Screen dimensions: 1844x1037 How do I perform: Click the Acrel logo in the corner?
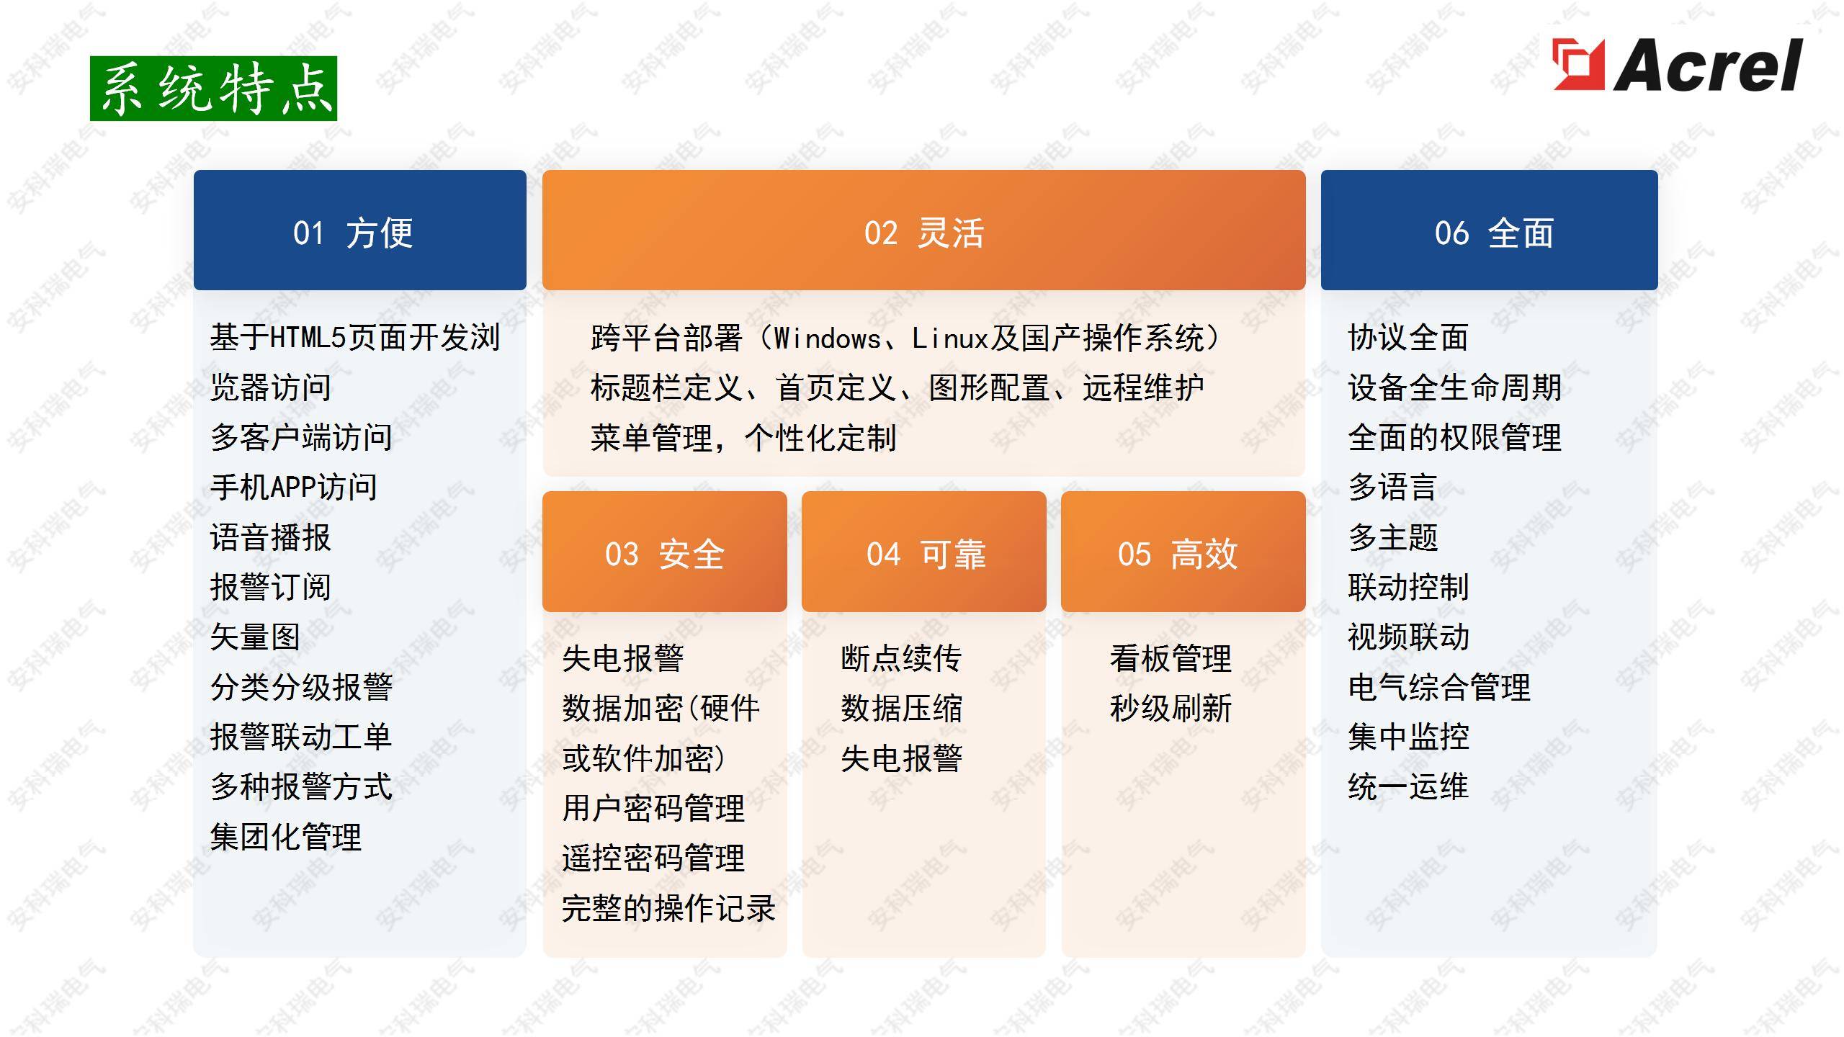(1677, 65)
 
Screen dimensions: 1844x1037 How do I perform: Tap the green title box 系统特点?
(213, 89)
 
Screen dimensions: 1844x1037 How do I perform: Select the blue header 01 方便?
(360, 230)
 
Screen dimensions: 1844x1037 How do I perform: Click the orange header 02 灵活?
(923, 230)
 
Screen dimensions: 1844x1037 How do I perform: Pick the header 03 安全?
(664, 552)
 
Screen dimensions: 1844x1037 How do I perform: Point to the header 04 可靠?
(924, 552)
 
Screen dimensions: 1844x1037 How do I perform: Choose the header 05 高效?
(1183, 552)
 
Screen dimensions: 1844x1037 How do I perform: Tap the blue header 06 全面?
(1490, 230)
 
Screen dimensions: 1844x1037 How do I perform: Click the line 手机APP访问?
(294, 488)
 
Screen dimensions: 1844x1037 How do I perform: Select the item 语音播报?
(271, 537)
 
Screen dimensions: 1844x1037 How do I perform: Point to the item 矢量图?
(255, 637)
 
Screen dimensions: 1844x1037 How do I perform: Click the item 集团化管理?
(286, 837)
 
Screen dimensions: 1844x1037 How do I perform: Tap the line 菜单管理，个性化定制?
(743, 438)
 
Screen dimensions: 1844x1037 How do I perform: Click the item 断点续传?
(901, 658)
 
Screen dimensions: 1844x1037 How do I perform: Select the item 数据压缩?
(901, 708)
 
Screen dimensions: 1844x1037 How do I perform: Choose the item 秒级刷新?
(1171, 708)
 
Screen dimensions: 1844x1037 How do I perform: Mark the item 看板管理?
(1171, 658)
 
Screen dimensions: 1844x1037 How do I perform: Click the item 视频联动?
(1409, 637)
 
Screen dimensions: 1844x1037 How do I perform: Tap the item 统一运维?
(1409, 786)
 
